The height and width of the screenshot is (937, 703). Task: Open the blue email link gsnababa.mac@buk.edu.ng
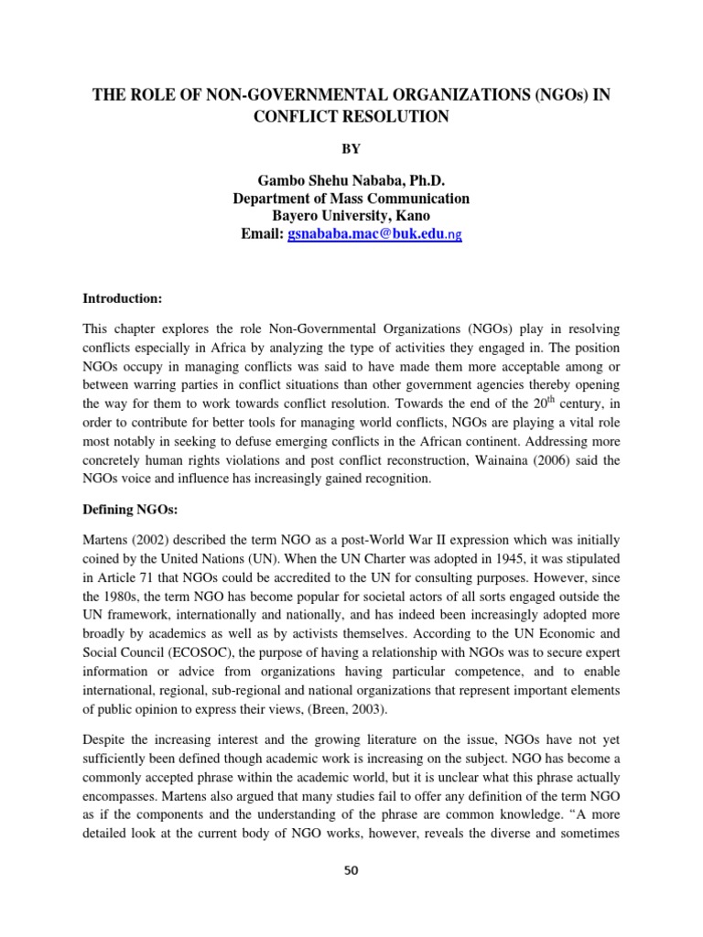(x=374, y=234)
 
